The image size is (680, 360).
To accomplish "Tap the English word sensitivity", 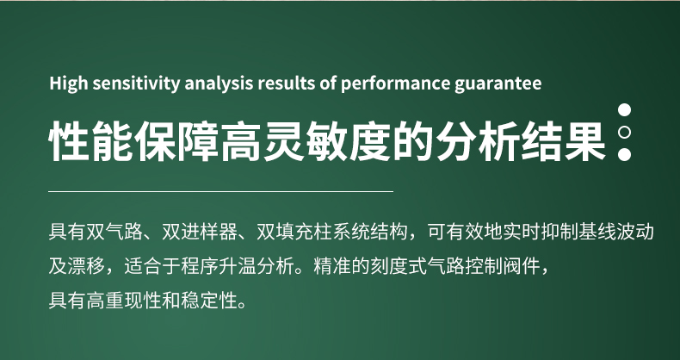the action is click(x=136, y=84).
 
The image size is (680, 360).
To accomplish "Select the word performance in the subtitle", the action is click(x=394, y=84).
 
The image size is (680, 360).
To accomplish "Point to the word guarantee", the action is click(x=498, y=84).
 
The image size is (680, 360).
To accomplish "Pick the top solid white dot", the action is click(x=624, y=109).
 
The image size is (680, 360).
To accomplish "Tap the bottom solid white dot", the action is click(x=624, y=154).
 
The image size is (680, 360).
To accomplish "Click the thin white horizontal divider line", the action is click(x=220, y=191).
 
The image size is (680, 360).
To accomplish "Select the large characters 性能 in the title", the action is click(x=91, y=140).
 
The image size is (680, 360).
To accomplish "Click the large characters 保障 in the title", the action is click(x=177, y=140).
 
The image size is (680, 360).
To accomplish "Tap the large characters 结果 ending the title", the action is click(x=563, y=140).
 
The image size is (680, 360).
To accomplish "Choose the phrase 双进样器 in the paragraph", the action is click(x=200, y=232).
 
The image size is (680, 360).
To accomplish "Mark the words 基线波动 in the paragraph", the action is click(x=616, y=232).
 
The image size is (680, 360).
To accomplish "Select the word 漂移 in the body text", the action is click(x=86, y=266).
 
